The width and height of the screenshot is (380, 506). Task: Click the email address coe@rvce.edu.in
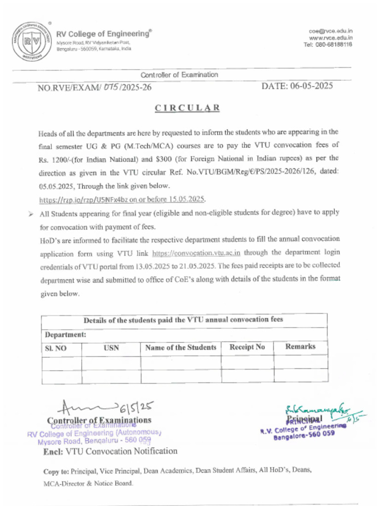331,31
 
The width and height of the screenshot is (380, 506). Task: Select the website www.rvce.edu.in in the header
331,38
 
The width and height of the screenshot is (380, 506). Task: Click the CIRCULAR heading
188,108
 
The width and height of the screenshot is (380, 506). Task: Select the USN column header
111,348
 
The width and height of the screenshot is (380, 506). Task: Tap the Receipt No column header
247,347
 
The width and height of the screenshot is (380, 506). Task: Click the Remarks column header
300,346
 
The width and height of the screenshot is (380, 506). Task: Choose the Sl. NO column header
56,348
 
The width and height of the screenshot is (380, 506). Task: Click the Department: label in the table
66,335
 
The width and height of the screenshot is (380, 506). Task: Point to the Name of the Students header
181,347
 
